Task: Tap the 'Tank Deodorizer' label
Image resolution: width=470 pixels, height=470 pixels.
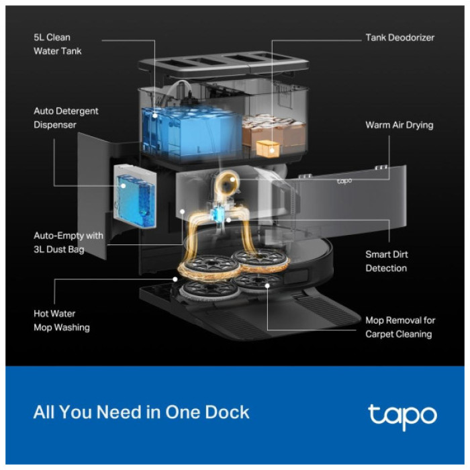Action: point(399,38)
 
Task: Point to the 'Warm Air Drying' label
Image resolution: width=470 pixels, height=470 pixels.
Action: point(399,125)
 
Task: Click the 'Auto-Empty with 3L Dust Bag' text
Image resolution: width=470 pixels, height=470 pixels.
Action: point(68,242)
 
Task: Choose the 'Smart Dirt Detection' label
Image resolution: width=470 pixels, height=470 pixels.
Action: point(386,261)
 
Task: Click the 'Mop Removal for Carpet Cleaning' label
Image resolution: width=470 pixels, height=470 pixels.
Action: point(399,327)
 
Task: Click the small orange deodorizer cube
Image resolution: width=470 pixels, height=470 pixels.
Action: point(268,148)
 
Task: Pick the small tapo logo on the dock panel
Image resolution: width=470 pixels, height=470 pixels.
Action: point(345,181)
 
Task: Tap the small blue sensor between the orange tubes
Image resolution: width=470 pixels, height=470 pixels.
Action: point(217,214)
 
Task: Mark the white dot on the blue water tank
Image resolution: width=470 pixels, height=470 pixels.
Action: point(155,115)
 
